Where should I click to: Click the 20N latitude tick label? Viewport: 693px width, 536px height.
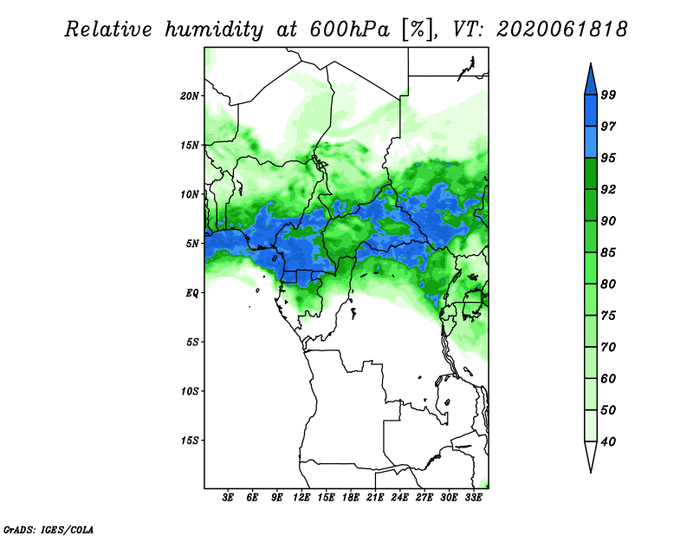click(x=190, y=96)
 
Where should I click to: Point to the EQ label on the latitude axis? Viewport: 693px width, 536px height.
click(x=192, y=293)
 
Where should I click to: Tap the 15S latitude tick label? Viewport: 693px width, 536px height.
click(x=190, y=441)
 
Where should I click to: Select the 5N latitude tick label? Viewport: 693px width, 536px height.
click(x=192, y=244)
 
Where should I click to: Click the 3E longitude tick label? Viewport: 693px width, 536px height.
click(x=228, y=498)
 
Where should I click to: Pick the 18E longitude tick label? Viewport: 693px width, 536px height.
click(x=351, y=498)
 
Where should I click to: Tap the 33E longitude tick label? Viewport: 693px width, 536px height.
click(x=473, y=498)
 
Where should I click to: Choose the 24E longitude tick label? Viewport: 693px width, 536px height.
click(x=399, y=498)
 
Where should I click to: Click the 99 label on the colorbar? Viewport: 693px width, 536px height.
click(x=608, y=95)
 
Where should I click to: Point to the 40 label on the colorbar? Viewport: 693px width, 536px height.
click(x=608, y=441)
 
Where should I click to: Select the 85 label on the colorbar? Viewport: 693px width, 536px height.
click(x=608, y=252)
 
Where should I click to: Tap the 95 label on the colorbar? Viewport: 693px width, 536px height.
click(x=608, y=158)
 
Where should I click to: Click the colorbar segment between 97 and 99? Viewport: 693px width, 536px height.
click(x=591, y=111)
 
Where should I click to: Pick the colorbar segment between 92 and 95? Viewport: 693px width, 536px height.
click(x=591, y=174)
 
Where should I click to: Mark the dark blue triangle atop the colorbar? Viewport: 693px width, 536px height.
click(x=591, y=80)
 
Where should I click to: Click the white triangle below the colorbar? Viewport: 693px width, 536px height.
click(x=591, y=456)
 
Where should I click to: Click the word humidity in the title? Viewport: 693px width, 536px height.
click(x=214, y=30)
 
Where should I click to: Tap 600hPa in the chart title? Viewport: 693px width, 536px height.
click(x=350, y=29)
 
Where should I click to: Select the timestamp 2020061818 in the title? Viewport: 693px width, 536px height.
click(x=561, y=29)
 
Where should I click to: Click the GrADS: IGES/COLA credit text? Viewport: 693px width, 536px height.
click(x=49, y=529)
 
